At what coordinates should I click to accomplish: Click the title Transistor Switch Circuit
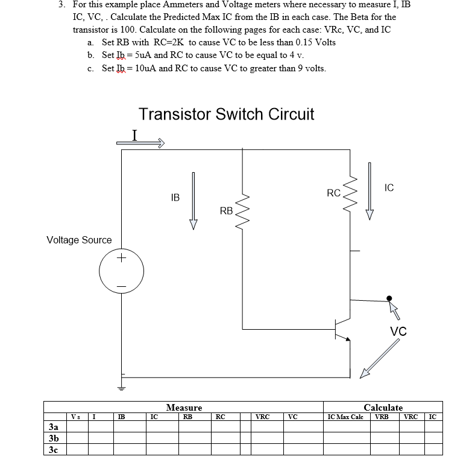coord(226,114)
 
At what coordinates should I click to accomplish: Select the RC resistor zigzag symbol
coord(350,193)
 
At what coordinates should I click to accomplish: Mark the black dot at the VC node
coord(389,298)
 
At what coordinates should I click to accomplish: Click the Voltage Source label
coord(79,240)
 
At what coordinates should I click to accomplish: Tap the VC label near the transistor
coord(398,331)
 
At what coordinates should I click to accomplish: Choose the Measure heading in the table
coord(184,408)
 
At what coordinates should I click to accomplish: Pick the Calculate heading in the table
coord(383,408)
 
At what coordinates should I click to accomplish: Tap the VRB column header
coord(382,416)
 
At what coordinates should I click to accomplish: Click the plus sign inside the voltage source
coord(121,258)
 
